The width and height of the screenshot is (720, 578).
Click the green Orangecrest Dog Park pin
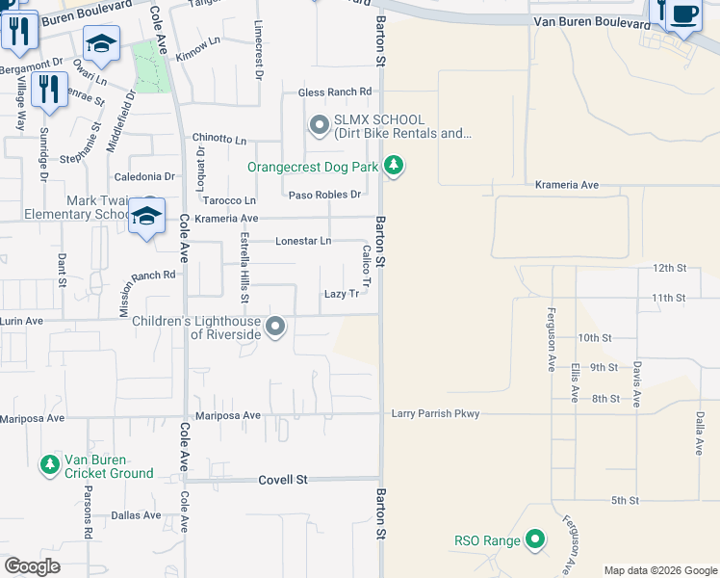(393, 167)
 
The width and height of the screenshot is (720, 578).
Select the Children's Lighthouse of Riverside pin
(276, 327)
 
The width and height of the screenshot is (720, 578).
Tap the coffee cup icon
(684, 14)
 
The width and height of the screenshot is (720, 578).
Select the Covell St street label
(282, 479)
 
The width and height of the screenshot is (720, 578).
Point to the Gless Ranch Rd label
(335, 92)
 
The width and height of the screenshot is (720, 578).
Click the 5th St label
(625, 500)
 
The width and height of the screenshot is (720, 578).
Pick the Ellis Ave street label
(575, 382)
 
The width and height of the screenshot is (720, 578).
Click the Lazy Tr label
(341, 294)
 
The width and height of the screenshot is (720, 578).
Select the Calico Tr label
(367, 263)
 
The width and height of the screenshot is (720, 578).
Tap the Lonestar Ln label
(303, 241)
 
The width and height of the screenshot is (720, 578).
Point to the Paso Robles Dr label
(324, 195)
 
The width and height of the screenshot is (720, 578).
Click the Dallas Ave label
(136, 515)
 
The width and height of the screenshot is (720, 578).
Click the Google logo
(33, 566)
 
